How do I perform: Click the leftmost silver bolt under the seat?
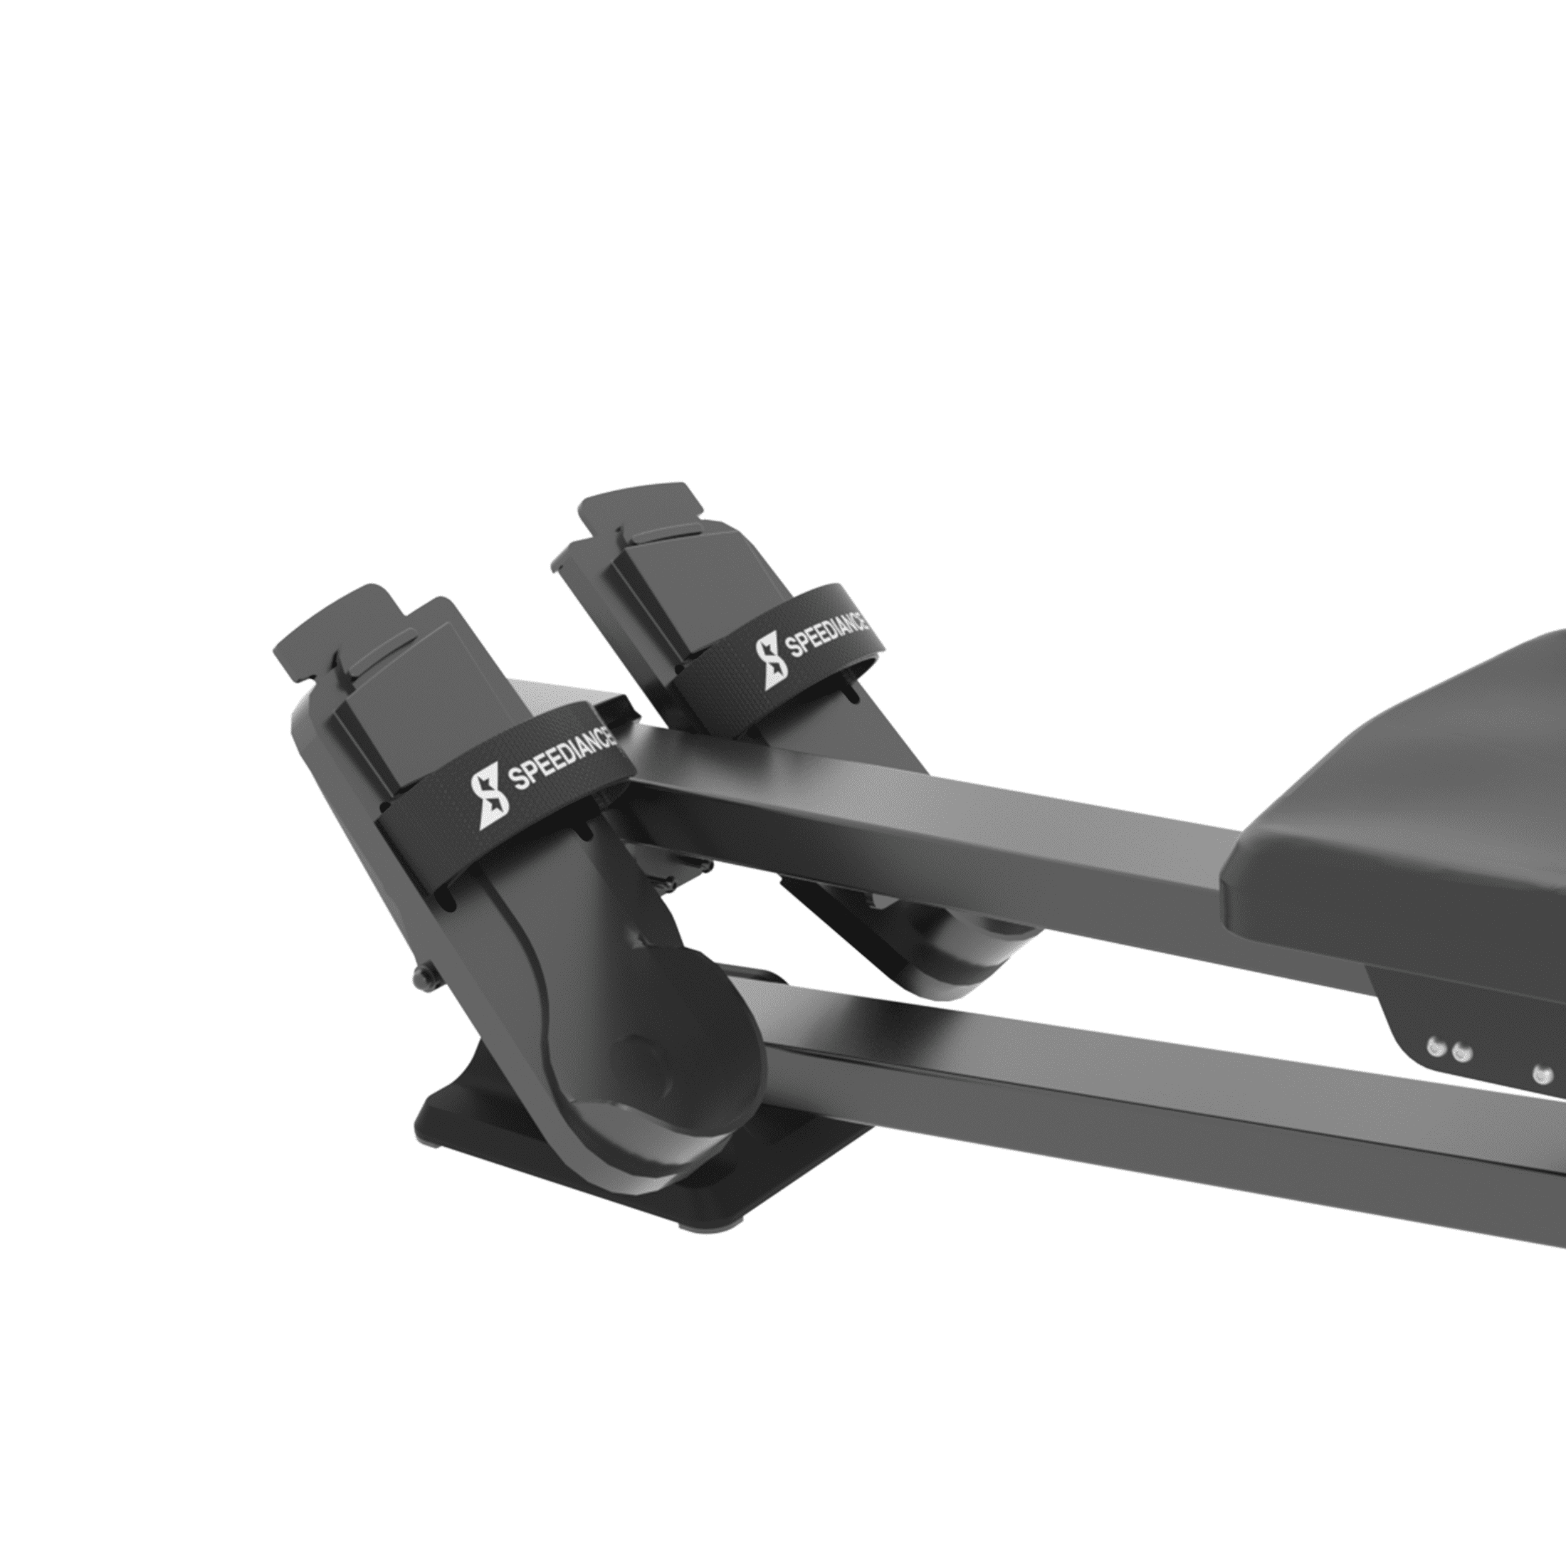coord(1436,1049)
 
